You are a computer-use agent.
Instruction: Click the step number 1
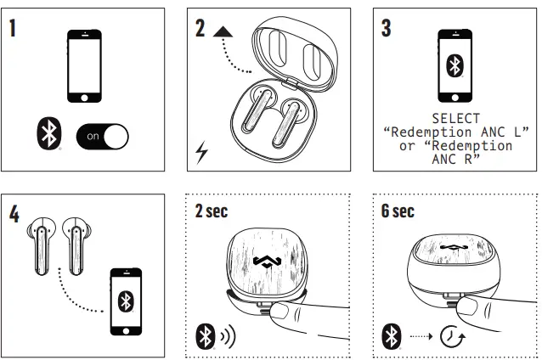[x=13, y=27]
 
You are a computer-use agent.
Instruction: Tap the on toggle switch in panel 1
[x=102, y=136]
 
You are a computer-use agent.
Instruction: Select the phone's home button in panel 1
[x=85, y=98]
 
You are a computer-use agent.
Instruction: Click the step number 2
[x=200, y=27]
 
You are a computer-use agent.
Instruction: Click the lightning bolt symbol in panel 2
[x=201, y=153]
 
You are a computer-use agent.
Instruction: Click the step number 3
[x=387, y=27]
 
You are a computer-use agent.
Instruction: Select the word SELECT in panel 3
[x=455, y=119]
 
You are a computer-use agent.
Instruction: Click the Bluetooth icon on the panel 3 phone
[x=455, y=66]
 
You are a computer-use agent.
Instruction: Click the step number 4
[x=14, y=212]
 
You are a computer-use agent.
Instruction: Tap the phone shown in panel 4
[x=126, y=301]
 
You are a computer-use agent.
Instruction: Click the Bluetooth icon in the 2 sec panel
[x=204, y=335]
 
